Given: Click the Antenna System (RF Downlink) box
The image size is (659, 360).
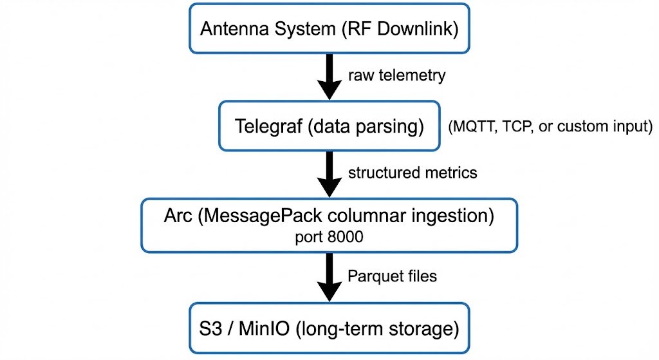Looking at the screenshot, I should click(x=329, y=29).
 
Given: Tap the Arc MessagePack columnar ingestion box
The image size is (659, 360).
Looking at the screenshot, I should click(x=329, y=225).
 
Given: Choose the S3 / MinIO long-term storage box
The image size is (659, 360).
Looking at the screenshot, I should click(x=329, y=329).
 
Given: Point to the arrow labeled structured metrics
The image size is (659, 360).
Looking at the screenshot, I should click(x=329, y=175).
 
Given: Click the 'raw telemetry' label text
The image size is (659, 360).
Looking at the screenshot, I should click(x=396, y=75).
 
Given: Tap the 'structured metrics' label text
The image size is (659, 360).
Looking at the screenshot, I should click(x=412, y=173).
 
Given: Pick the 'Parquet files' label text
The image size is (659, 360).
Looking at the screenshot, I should click(x=392, y=276).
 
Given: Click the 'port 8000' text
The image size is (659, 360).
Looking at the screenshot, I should click(x=329, y=237).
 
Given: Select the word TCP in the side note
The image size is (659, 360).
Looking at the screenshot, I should click(x=512, y=128).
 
